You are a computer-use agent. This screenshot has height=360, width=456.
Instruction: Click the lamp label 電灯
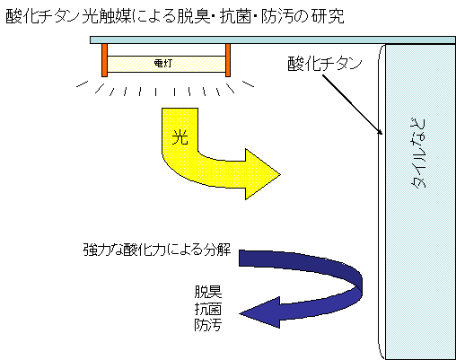coord(162,63)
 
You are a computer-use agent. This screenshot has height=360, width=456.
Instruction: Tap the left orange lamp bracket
coord(104,60)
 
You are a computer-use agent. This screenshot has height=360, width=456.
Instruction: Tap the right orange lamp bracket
coord(228,60)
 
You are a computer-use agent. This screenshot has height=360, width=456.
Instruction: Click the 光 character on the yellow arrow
coord(180,137)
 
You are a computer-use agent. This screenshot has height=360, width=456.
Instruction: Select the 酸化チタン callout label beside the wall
coord(325,64)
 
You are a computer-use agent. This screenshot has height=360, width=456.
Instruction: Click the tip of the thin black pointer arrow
coord(382,135)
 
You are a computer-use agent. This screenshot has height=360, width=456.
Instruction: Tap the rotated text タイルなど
coord(418,153)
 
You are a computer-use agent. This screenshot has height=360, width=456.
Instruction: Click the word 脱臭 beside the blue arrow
coord(208,292)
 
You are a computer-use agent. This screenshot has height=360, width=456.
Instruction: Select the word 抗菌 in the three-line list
coord(208,309)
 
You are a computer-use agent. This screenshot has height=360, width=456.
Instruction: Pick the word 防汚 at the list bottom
coord(208,325)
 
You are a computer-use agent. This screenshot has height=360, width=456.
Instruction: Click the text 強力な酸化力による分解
coord(157,250)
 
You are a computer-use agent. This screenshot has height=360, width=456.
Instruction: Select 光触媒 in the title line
coord(107,16)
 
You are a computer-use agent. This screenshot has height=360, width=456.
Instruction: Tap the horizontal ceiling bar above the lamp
coord(273,40)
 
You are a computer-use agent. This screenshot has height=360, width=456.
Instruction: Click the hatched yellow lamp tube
coord(166,64)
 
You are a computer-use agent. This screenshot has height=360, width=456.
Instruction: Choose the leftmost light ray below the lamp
coord(83,83)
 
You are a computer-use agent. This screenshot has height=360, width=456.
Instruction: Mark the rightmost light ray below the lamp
coord(248,83)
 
